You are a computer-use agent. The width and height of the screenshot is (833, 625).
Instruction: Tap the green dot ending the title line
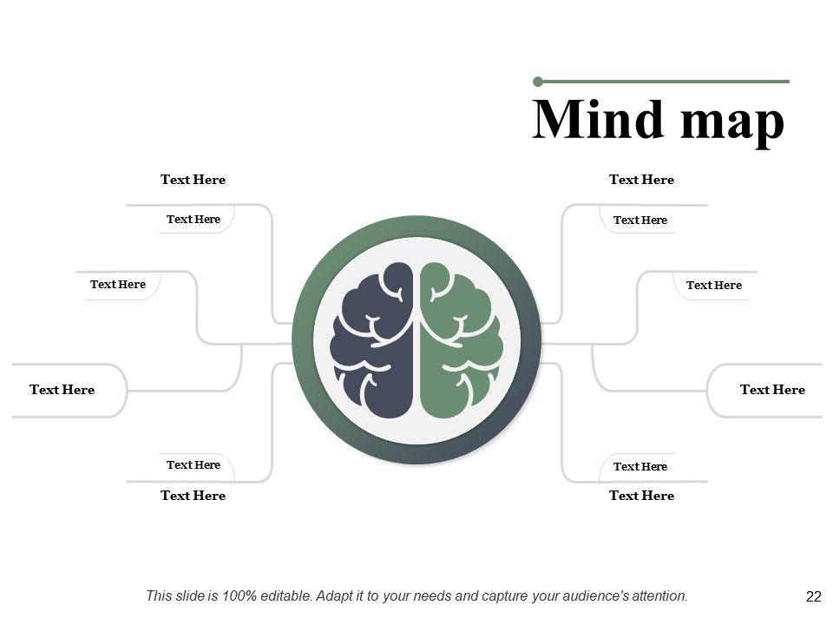coord(538,82)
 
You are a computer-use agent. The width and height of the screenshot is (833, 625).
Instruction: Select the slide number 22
coord(813,596)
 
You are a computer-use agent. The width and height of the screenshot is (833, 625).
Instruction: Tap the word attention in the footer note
coord(657,595)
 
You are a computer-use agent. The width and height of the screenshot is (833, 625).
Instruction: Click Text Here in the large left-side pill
coord(62,390)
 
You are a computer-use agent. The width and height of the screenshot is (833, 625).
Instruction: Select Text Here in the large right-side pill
coord(772,390)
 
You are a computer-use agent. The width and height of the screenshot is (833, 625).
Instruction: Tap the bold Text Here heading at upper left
coord(193,180)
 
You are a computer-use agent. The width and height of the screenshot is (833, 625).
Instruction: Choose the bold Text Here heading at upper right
coord(641,180)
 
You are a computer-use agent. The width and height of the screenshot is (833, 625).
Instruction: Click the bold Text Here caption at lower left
coord(193,496)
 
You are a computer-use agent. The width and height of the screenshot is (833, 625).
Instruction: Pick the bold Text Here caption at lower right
coord(641,496)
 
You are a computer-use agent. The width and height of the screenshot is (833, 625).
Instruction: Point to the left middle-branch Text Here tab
coord(118,284)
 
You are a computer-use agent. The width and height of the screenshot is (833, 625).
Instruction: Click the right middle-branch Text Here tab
coord(713,285)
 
